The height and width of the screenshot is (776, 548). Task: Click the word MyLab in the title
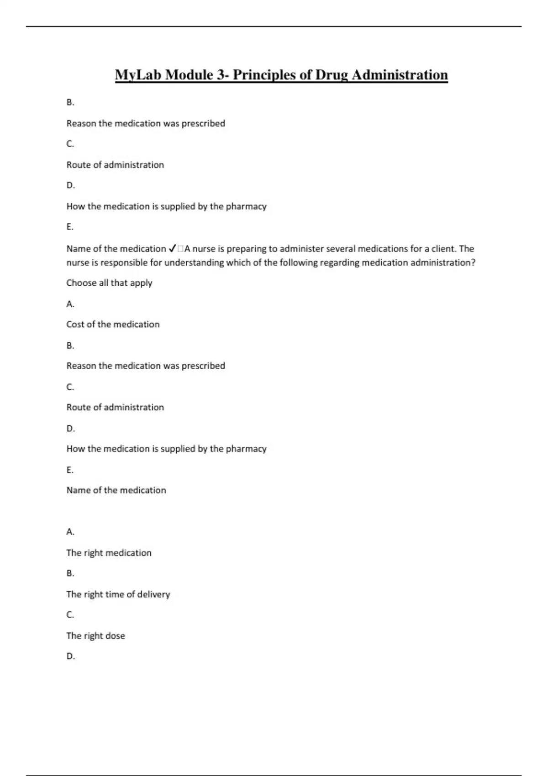(x=138, y=75)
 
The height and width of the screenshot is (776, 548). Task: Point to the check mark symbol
(x=172, y=249)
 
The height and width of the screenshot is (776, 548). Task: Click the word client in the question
(x=443, y=249)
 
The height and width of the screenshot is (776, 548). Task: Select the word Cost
(x=75, y=325)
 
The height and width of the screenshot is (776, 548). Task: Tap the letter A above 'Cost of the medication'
(x=70, y=304)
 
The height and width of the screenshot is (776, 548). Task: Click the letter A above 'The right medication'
(x=70, y=532)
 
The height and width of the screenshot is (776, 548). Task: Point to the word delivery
(x=153, y=594)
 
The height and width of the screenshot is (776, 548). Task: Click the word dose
(x=115, y=636)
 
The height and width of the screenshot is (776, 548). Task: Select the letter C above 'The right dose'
(x=70, y=615)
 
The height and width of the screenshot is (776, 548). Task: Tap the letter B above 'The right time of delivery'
(x=70, y=573)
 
